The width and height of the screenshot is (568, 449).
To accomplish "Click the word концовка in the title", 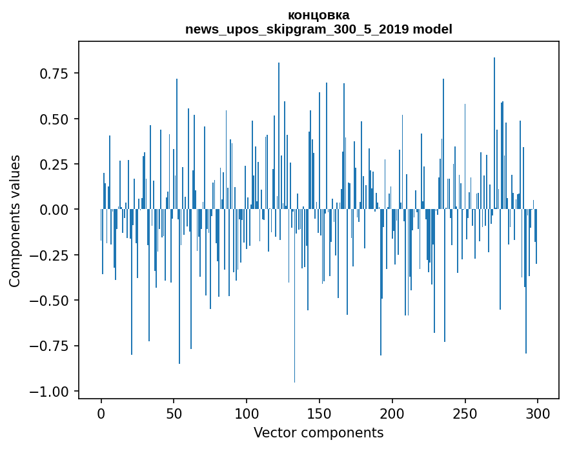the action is pos(319,15).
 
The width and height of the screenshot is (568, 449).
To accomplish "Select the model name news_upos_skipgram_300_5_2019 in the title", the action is pos(297,29).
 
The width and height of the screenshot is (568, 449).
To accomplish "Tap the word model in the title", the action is pos(432,29).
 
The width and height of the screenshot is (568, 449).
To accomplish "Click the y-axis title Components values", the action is pos(14,221).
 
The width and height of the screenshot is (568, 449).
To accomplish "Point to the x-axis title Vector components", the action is pos(318,432).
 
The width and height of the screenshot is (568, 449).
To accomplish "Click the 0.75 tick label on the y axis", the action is pos(54,74).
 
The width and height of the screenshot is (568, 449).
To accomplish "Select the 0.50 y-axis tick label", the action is pos(54,119).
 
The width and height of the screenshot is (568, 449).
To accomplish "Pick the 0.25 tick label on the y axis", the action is pos(54,165).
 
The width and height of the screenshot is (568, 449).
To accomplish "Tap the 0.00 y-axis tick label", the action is pos(54,210).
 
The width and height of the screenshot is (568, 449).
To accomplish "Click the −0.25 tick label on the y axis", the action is pos(49,255).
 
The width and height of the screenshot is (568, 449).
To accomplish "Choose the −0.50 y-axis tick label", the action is pos(49,301).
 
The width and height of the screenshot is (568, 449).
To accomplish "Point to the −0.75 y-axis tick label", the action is pos(49,346).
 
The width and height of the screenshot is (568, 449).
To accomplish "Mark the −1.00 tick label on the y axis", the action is pos(49,392).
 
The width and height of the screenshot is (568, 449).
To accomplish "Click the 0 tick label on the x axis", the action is pos(101,414).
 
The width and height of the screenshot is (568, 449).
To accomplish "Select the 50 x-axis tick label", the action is pos(174,414).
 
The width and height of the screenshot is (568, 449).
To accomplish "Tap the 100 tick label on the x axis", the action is pos(247,414).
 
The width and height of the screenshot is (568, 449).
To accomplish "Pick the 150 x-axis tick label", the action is pos(319,414).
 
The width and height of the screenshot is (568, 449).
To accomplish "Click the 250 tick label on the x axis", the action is pos(465,414).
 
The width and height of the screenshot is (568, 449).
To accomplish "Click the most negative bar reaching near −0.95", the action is pos(294,295).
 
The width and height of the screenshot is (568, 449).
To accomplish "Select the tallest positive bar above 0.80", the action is pos(494,134).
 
